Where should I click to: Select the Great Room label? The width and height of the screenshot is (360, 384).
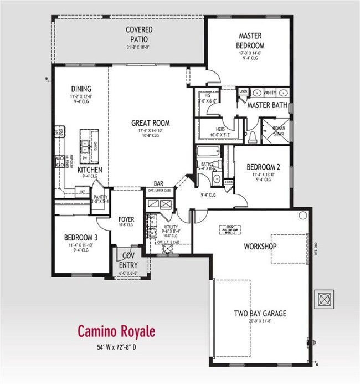click(150, 123)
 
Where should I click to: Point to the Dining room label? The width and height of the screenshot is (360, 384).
click(81, 89)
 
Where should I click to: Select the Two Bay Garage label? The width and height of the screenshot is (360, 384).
click(260, 313)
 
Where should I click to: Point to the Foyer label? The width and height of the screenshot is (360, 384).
click(127, 219)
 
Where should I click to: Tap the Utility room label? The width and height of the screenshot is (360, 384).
click(170, 227)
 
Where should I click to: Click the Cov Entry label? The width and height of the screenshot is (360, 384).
click(129, 260)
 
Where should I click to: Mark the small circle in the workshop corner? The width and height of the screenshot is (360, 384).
click(303, 215)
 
